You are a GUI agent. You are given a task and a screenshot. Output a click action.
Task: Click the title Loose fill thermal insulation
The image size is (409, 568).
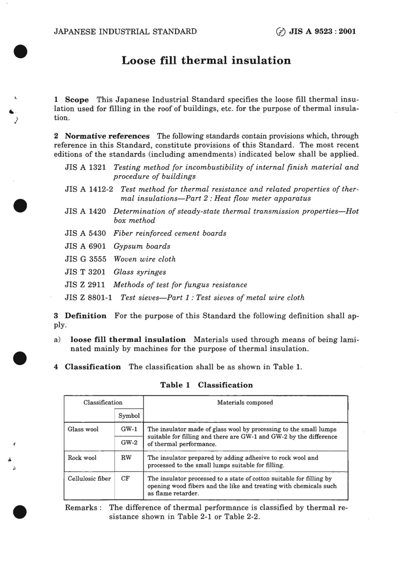pyautogui.click(x=206, y=60)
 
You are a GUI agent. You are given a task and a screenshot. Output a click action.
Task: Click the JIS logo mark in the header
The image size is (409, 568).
pyautogui.click(x=280, y=32)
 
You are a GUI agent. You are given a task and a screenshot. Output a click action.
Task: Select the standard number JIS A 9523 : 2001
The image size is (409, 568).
pyautogui.click(x=323, y=31)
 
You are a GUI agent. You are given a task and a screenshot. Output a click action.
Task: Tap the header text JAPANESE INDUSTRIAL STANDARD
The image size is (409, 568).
pyautogui.click(x=125, y=31)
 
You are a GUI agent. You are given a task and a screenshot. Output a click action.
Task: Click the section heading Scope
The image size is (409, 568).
pyautogui.click(x=77, y=99)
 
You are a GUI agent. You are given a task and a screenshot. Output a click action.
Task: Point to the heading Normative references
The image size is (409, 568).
pyautogui.click(x=107, y=136)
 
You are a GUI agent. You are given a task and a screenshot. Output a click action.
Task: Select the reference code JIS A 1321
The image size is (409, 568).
pyautogui.click(x=85, y=167)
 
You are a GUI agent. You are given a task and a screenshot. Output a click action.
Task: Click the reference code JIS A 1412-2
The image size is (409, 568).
pyautogui.click(x=89, y=189)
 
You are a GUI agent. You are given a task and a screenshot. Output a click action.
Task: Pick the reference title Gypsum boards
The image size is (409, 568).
pyautogui.click(x=142, y=246)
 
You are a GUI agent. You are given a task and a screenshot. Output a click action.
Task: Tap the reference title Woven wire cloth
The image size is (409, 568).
pyautogui.click(x=144, y=259)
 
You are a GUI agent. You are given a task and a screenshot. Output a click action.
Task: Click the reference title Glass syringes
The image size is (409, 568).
pyautogui.click(x=139, y=272)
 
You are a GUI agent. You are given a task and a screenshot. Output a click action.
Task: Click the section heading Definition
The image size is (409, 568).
pyautogui.click(x=85, y=315)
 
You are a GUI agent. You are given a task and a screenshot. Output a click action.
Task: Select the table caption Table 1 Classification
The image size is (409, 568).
pyautogui.click(x=206, y=385)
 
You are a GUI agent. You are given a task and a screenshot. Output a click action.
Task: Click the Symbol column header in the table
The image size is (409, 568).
pyautogui.click(x=129, y=416)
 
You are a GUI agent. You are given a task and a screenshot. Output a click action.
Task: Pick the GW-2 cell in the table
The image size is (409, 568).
pyautogui.click(x=129, y=442)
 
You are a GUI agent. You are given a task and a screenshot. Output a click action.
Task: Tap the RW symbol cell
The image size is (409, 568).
pyautogui.click(x=126, y=457)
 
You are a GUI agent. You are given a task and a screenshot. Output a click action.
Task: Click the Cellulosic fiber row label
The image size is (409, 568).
pyautogui.click(x=89, y=478)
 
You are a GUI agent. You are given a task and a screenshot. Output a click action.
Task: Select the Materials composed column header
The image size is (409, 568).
pyautogui.click(x=245, y=402)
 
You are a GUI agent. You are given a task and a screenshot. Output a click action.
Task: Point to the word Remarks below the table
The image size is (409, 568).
pyautogui.click(x=81, y=507)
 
